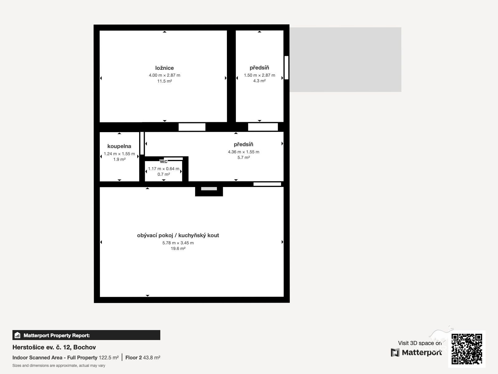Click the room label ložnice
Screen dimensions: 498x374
click(164, 68)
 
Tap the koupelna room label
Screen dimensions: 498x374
click(119, 146)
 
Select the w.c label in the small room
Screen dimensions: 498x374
click(164, 161)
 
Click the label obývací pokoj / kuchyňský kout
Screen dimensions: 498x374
click(178, 236)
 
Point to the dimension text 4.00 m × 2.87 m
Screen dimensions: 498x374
click(164, 75)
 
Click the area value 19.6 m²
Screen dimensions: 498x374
click(178, 248)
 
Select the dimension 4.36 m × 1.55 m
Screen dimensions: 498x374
click(243, 152)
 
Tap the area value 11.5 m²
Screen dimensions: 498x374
click(164, 81)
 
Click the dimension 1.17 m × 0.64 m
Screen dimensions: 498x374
click(164, 169)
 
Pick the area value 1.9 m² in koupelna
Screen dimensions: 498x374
click(119, 159)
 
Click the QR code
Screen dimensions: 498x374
click(467, 349)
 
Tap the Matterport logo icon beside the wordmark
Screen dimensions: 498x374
click(395, 352)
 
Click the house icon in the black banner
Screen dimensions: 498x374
click(17, 335)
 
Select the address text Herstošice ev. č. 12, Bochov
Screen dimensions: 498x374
click(54, 347)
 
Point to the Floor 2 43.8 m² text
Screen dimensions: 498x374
click(143, 358)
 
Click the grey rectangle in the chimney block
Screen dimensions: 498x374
click(209, 189)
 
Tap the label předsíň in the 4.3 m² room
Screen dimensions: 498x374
click(259, 68)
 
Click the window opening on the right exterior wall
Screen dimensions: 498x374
click(287, 68)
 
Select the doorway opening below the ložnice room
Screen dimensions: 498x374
click(192, 127)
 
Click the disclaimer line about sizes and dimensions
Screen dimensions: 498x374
click(59, 366)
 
